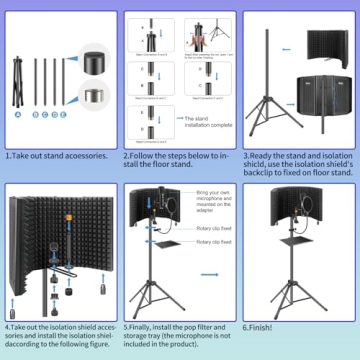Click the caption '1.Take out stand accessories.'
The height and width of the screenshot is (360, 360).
click(x=58, y=157)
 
